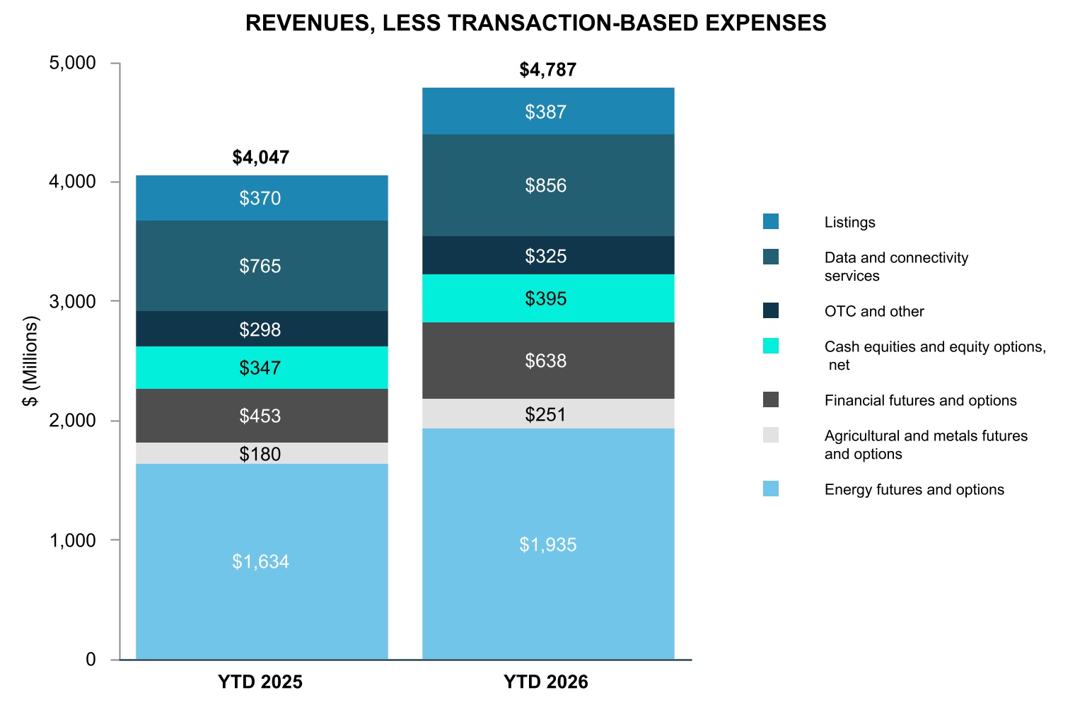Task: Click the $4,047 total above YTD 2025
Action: tap(260, 158)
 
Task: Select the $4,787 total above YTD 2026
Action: tap(547, 70)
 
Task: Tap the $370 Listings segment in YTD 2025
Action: tap(262, 198)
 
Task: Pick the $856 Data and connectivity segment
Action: tap(548, 185)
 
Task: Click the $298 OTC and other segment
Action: tap(262, 329)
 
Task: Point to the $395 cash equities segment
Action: tap(548, 298)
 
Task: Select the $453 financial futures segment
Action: tap(262, 416)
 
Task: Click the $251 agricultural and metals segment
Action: tap(548, 414)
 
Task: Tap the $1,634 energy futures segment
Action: tap(262, 561)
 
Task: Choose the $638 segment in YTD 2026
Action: tap(548, 360)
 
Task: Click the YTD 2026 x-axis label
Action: tap(546, 682)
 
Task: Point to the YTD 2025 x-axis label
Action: tap(260, 682)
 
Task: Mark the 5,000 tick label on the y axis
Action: tap(72, 63)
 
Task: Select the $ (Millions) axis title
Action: tap(30, 361)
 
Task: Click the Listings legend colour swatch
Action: tap(771, 221)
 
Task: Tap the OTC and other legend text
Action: tap(874, 311)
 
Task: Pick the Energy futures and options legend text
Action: tap(914, 489)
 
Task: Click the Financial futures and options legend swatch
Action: tap(771, 399)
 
